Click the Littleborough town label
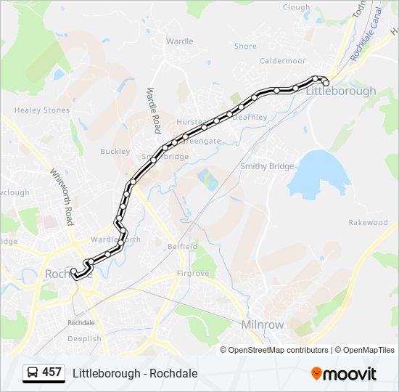[341, 91]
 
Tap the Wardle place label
[179, 41]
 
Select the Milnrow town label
[262, 324]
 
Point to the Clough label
[295, 7]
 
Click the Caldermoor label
[282, 61]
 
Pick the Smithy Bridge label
[267, 166]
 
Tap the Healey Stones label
[42, 110]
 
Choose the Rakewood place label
[368, 223]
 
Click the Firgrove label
[192, 274]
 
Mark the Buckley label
[115, 152]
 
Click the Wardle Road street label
[153, 110]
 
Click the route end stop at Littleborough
[326, 83]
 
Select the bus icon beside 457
[33, 373]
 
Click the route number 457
[52, 372]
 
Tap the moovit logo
[344, 374]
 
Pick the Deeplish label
[84, 338]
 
